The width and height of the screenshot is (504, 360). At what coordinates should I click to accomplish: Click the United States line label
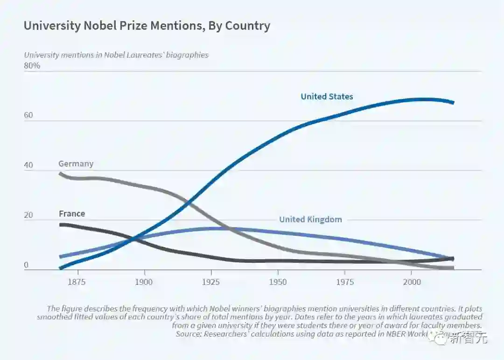327,97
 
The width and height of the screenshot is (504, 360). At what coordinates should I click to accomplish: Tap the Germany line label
76,164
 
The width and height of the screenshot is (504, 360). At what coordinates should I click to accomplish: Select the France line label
72,214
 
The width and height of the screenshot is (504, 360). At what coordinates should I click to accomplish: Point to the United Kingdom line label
310,219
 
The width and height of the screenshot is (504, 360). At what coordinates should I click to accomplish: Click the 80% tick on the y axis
32,66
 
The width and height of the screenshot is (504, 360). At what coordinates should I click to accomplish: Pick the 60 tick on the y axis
28,115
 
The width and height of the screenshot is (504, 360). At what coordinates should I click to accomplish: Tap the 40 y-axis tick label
28,165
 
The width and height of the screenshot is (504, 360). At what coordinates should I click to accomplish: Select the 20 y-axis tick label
28,215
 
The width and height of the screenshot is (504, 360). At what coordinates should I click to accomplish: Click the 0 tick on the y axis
26,265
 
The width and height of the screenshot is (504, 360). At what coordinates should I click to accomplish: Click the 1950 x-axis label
278,282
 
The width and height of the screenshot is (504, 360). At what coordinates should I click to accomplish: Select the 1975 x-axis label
345,282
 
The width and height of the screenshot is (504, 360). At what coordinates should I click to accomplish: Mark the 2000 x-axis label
412,282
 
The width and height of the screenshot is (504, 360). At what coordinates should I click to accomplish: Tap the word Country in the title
247,26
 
